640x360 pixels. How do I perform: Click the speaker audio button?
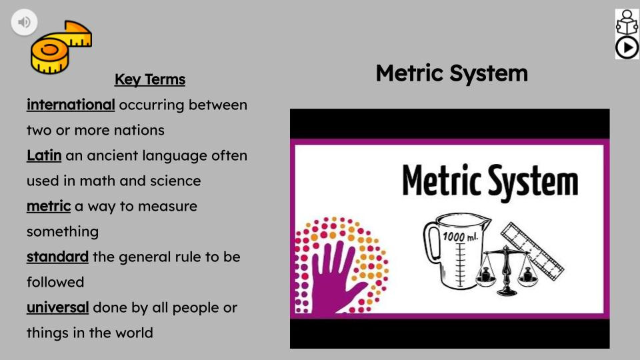(24, 23)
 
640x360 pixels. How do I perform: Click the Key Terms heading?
(150, 80)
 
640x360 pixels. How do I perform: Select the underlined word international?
(71, 105)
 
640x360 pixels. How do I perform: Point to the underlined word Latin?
(44, 155)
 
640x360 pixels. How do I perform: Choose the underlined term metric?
(49, 206)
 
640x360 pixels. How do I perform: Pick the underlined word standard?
(57, 257)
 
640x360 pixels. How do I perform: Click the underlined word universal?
(57, 307)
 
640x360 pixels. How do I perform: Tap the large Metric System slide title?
(451, 73)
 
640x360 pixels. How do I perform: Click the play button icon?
(627, 48)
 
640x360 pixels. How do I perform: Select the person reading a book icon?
(627, 23)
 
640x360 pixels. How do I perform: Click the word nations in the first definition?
(139, 130)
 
